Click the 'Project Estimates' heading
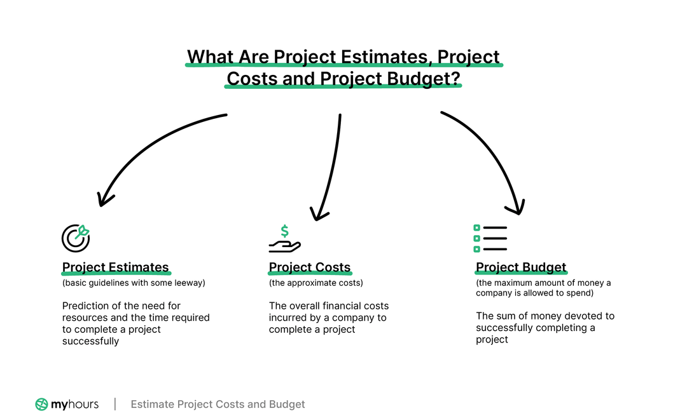(115, 267)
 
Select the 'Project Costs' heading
(310, 267)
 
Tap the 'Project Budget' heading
(521, 267)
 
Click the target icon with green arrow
(76, 238)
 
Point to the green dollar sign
(284, 231)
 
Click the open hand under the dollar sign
(284, 245)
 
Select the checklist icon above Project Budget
(490, 238)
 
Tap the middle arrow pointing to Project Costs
(331, 165)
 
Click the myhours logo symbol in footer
(41, 404)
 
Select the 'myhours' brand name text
(75, 404)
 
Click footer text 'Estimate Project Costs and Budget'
(218, 404)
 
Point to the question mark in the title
(455, 78)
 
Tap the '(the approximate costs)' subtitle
(316, 283)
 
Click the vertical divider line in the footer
(115, 404)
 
